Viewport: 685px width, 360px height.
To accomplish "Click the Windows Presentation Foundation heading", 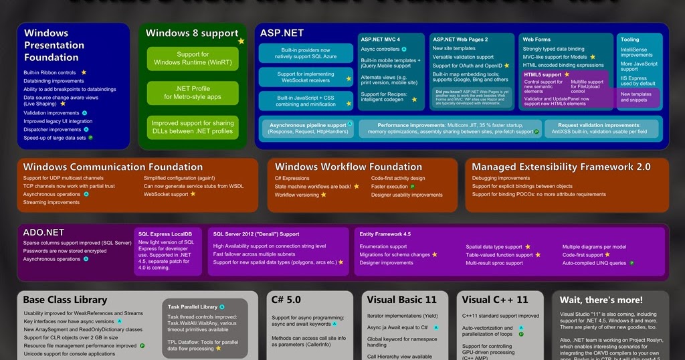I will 54,45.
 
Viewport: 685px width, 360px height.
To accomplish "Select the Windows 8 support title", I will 191,33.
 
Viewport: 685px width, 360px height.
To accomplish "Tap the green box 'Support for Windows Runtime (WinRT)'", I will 192,58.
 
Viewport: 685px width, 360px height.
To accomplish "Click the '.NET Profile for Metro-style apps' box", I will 192,92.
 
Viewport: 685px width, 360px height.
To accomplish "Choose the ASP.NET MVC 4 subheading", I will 380,39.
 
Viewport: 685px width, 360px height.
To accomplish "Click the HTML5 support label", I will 543,74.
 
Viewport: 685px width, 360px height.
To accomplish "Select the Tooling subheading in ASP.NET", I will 629,39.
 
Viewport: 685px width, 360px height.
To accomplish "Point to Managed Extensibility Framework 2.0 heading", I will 561,167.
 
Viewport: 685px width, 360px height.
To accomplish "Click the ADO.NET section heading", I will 43,232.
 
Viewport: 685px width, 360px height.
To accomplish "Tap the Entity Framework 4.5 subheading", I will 385,234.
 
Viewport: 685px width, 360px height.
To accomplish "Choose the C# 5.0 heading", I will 287,300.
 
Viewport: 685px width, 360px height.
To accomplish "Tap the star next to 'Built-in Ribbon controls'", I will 84,72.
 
